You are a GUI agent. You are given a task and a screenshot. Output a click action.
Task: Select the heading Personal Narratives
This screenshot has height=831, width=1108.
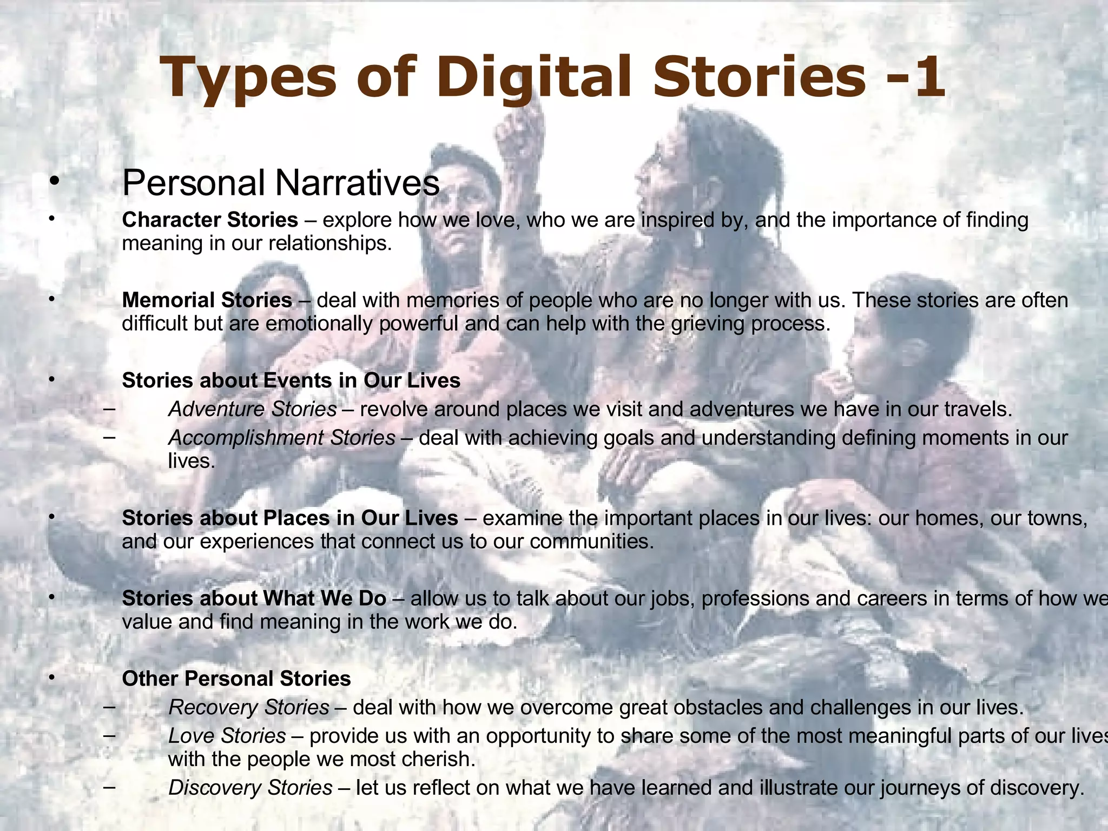click(281, 183)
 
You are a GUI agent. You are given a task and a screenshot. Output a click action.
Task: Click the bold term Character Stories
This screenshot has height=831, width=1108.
click(210, 220)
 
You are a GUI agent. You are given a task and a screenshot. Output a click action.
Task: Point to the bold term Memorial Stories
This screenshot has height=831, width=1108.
click(207, 300)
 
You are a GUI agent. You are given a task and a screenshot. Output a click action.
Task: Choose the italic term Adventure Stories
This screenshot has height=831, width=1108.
click(253, 409)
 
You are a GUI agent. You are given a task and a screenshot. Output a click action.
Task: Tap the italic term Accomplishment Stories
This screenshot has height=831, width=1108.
click(282, 438)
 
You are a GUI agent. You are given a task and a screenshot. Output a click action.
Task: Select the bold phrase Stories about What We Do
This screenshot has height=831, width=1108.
click(254, 598)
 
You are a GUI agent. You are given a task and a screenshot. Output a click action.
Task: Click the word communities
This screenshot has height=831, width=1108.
click(592, 542)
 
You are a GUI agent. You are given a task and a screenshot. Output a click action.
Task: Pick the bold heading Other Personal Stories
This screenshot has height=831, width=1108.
click(236, 678)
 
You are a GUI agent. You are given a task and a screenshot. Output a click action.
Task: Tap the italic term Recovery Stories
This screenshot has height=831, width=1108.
click(249, 707)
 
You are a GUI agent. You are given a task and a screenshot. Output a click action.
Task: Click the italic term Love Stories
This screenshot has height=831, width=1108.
click(227, 736)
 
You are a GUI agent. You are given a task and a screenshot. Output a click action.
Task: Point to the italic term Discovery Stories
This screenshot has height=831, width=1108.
click(250, 788)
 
